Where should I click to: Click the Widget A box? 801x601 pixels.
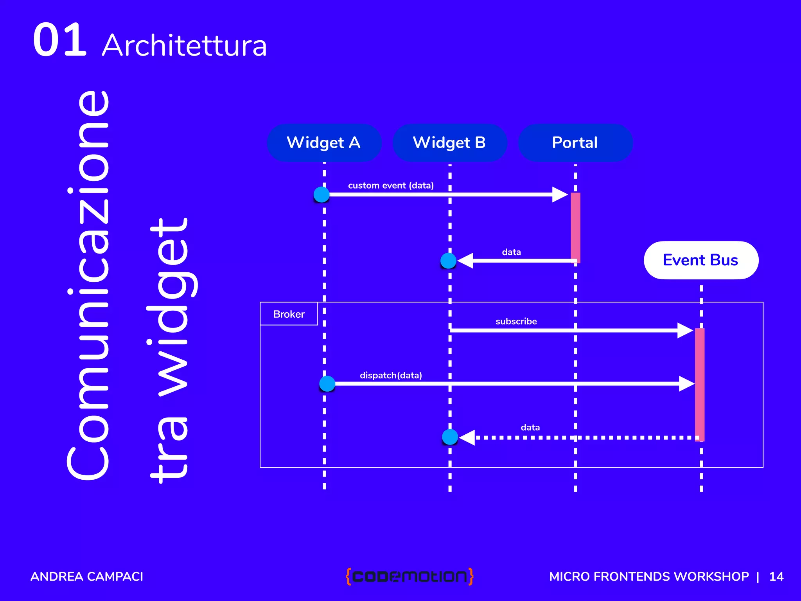[324, 143]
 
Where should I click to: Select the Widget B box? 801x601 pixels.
[449, 143]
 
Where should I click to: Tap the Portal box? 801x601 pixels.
[575, 143]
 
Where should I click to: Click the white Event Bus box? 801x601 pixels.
[701, 260]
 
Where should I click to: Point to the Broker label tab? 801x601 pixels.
[289, 314]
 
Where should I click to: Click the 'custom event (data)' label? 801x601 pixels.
[391, 185]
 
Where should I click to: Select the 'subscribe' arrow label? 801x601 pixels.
[516, 322]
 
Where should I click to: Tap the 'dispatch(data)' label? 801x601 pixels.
[391, 376]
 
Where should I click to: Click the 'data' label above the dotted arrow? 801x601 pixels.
[530, 428]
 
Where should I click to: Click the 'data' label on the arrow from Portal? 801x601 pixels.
[511, 252]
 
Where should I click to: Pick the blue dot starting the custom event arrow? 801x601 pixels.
[321, 194]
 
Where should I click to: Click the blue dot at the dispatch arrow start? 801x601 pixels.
[327, 384]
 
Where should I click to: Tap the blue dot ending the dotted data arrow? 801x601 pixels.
[450, 437]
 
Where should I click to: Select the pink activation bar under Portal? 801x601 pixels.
[575, 227]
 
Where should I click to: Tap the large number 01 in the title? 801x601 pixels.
[59, 40]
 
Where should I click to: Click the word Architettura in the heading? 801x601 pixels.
[185, 46]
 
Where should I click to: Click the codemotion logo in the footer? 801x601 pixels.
[409, 576]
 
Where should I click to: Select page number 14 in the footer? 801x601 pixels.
[776, 577]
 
